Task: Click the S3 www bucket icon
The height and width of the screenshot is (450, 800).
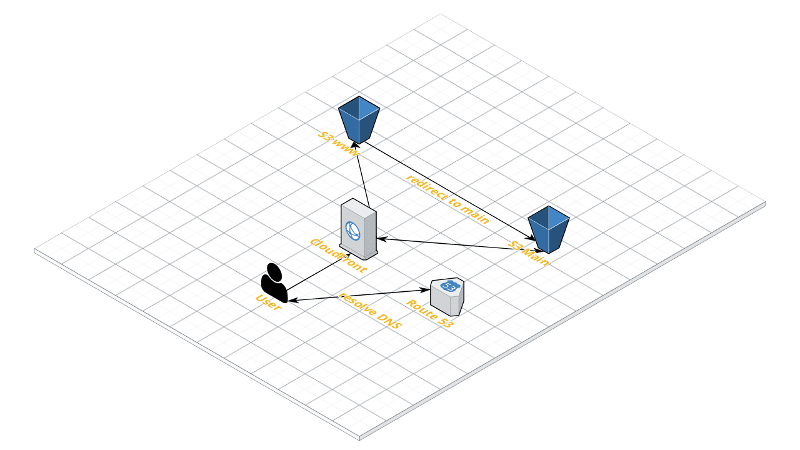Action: [x=359, y=119]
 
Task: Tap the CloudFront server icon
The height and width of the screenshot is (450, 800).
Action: [x=359, y=229]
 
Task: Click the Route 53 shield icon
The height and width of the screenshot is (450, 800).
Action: [x=447, y=296]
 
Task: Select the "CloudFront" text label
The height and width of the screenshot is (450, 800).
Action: [x=337, y=254]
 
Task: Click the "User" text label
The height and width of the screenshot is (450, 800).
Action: [x=269, y=303]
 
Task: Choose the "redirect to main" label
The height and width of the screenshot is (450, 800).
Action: [x=447, y=198]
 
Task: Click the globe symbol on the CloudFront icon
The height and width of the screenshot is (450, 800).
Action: [x=352, y=230]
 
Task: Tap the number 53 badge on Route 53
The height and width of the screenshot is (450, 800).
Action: [x=448, y=286]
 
